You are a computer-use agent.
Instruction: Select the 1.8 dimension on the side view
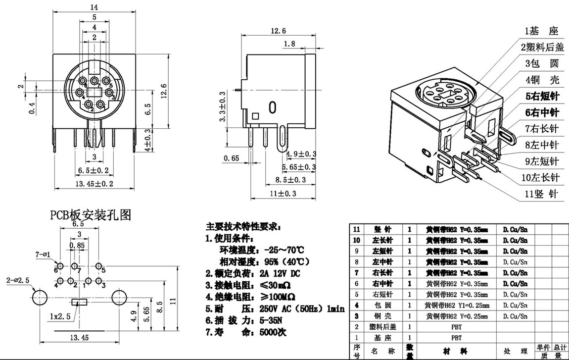point(289,44)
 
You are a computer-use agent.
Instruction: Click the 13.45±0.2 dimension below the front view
point(94,184)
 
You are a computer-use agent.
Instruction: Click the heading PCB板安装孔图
point(90,215)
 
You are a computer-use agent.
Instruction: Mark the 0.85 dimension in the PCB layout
point(77,245)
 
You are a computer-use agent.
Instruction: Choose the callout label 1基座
point(541,31)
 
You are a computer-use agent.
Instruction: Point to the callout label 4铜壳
point(541,79)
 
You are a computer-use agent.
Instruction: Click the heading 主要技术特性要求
point(244,227)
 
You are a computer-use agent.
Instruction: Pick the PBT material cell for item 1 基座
point(456,338)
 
